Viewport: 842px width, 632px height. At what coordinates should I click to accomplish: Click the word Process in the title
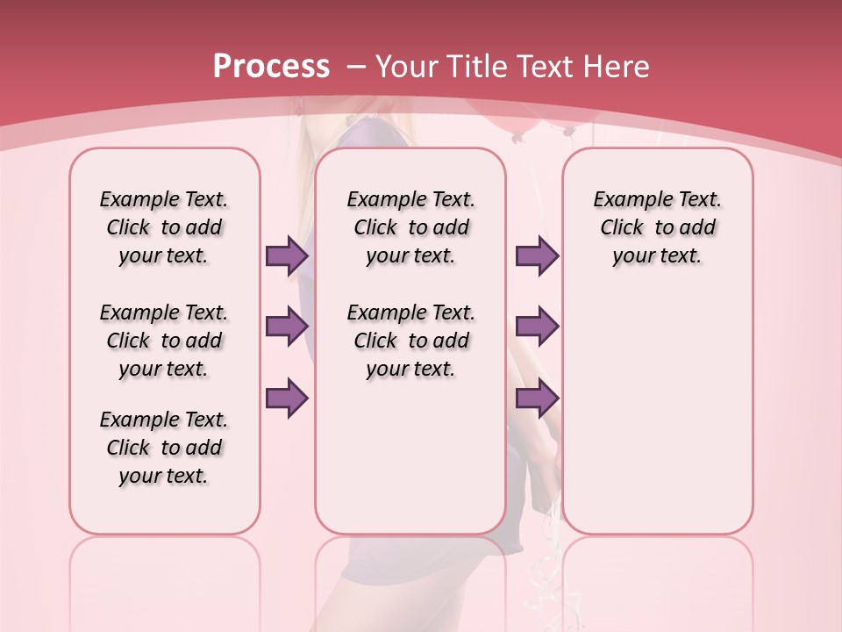[x=271, y=66]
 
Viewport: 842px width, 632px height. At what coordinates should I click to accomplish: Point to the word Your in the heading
[x=408, y=66]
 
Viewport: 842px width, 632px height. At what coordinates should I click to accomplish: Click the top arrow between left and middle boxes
[x=287, y=255]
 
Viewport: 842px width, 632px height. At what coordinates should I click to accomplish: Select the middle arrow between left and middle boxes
[x=287, y=327]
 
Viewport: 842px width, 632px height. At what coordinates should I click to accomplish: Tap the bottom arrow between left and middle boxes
[x=287, y=398]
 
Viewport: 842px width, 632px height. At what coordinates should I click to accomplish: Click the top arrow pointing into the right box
[x=537, y=255]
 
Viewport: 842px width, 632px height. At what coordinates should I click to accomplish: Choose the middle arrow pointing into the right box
[x=537, y=327]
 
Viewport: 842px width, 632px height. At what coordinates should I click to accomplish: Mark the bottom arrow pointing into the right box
[x=537, y=398]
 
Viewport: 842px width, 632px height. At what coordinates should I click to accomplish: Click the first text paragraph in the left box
[x=164, y=227]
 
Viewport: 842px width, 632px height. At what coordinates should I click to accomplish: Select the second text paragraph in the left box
[x=164, y=341]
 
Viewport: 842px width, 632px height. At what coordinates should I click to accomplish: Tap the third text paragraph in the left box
[x=164, y=448]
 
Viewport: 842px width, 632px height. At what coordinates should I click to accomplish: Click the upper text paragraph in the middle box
[x=410, y=227]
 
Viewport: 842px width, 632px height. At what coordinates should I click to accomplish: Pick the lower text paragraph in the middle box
[x=410, y=341]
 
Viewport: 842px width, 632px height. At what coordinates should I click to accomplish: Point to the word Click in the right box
[x=622, y=227]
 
